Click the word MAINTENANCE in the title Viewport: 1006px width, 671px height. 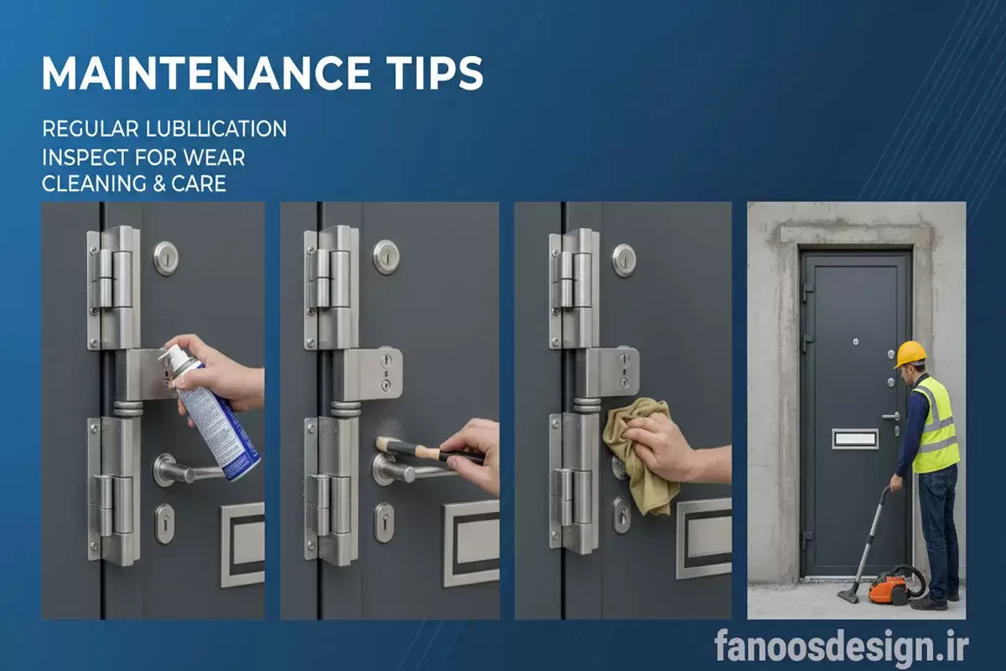tap(206, 73)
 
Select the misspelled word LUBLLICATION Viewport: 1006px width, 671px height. tap(216, 129)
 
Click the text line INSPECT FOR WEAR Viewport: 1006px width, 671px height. tap(143, 158)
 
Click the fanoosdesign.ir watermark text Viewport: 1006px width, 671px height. tap(841, 648)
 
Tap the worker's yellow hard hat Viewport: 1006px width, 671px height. tap(909, 354)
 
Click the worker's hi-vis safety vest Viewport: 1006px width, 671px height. tap(936, 426)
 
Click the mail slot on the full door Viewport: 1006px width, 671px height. tap(855, 440)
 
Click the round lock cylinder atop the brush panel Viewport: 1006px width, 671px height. tap(386, 257)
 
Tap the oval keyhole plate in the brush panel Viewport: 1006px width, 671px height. tap(384, 523)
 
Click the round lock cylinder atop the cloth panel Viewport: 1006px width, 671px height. tap(625, 260)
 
